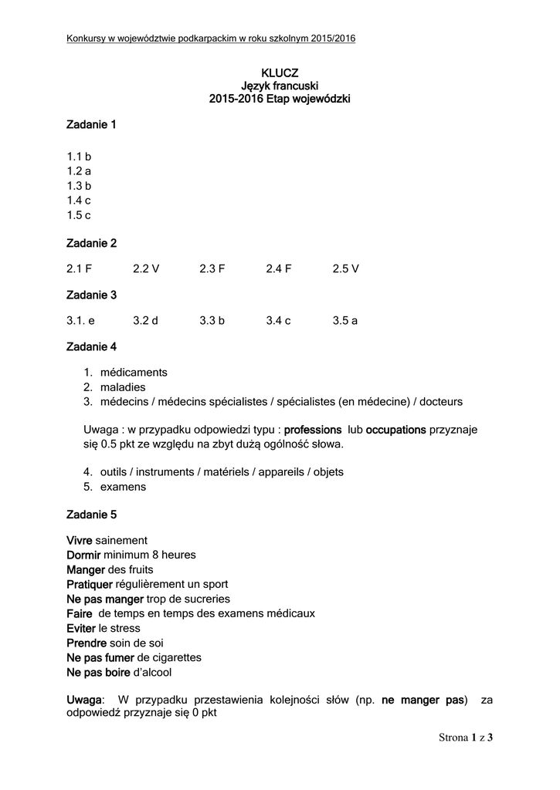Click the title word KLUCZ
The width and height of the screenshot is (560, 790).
tap(280, 73)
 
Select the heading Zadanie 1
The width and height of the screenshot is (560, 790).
tap(91, 125)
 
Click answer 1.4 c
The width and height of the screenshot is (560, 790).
tap(79, 201)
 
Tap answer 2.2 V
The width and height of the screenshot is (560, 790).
tap(146, 268)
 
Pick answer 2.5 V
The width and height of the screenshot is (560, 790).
tap(346, 268)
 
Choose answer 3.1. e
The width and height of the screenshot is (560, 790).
tap(80, 320)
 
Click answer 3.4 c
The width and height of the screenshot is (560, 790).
tap(278, 320)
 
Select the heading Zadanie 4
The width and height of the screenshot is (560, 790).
tap(91, 347)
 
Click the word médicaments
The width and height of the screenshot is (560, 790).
tap(134, 373)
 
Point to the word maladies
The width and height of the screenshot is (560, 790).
tap(123, 387)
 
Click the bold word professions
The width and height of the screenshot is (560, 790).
tap(313, 429)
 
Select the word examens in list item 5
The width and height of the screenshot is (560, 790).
tap(123, 487)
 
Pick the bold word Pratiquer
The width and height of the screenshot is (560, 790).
tap(90, 584)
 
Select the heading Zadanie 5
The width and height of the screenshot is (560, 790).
tap(91, 514)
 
